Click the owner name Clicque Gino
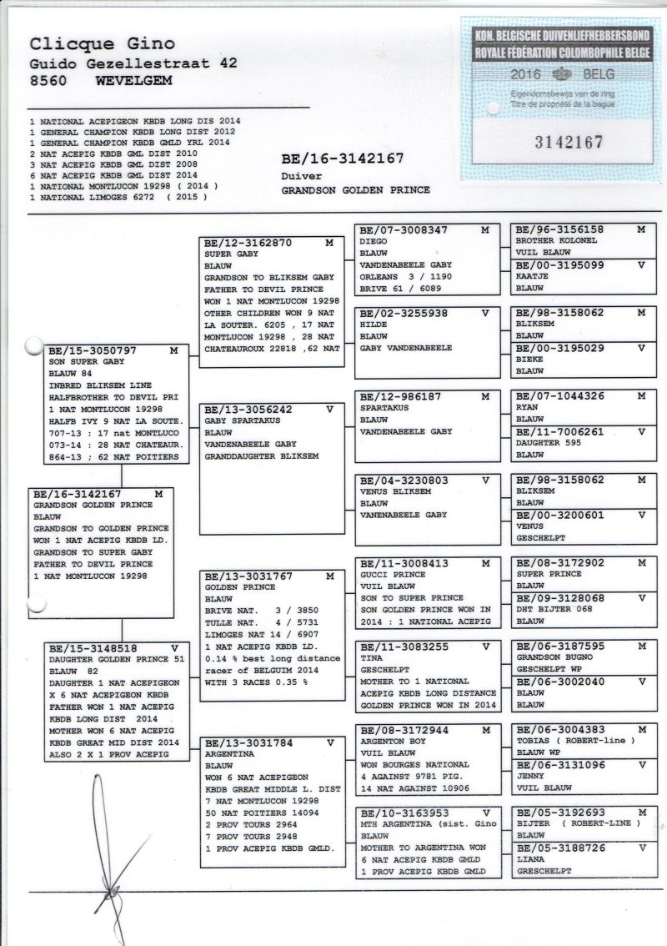[103, 44]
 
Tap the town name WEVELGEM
[134, 81]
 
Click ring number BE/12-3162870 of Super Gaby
[247, 244]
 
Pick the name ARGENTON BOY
[393, 741]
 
